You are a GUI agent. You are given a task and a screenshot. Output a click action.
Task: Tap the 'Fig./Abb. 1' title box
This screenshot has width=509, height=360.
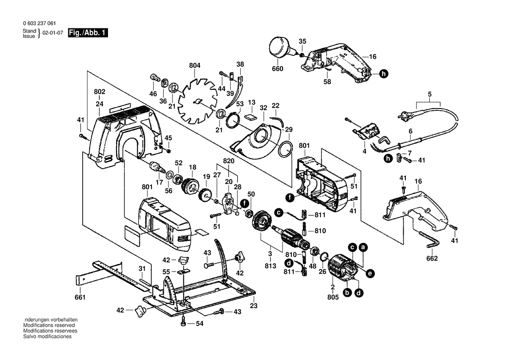pyautogui.click(x=88, y=33)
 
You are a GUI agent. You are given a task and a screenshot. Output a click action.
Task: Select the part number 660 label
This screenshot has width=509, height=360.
pyautogui.click(x=277, y=69)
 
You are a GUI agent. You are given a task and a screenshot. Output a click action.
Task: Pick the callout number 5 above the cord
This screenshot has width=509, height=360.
pyautogui.click(x=429, y=94)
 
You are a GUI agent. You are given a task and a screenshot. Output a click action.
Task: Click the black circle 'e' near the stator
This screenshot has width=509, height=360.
pyautogui.click(x=370, y=274)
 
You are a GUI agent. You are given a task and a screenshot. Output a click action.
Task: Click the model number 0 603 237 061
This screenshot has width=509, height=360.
pyautogui.click(x=39, y=24)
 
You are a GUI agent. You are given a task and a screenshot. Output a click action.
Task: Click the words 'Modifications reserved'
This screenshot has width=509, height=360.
pyautogui.click(x=49, y=325)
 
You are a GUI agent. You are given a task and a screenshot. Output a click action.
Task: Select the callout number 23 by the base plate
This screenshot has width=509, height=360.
pyautogui.click(x=253, y=306)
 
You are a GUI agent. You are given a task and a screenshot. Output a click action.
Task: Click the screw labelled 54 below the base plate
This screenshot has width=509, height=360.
pyautogui.click(x=184, y=323)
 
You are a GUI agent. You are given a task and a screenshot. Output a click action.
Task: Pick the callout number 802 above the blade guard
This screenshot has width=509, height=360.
pyautogui.click(x=100, y=92)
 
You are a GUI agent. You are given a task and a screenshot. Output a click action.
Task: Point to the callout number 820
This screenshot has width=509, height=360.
pyautogui.click(x=229, y=161)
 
